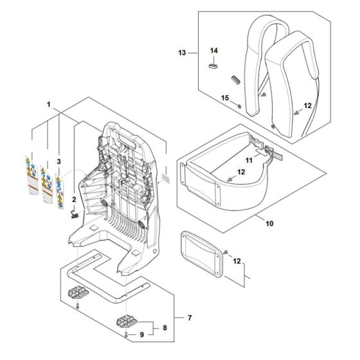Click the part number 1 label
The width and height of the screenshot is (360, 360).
point(48,103)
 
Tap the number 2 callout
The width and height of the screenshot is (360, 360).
point(74,199)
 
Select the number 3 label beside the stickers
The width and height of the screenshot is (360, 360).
point(59,161)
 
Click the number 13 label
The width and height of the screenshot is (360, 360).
point(182,52)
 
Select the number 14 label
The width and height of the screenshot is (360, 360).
point(215,50)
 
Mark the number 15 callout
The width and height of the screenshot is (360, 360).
point(225,97)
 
